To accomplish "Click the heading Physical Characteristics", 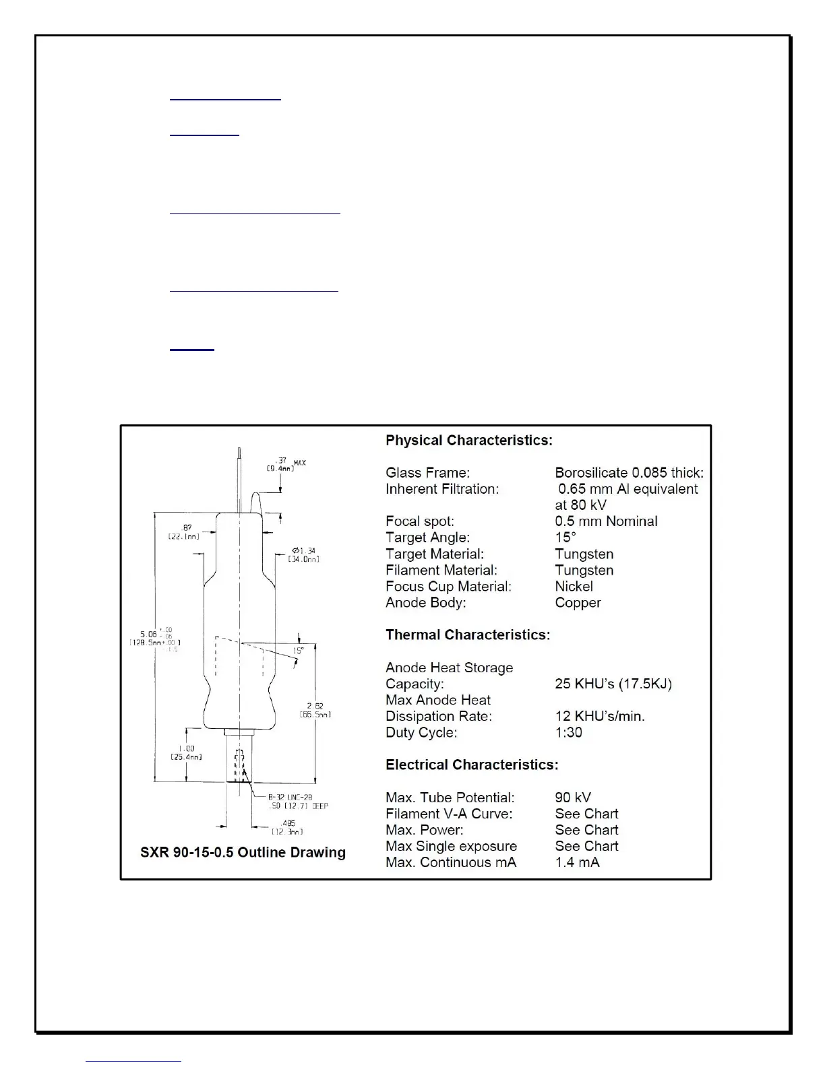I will click(468, 441).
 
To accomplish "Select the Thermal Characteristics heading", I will click(467, 635).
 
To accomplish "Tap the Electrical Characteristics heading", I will click(471, 765).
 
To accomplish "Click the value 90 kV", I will click(572, 798).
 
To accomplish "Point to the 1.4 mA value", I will click(576, 862).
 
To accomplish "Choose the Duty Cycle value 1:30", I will click(568, 732).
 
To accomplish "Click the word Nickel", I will click(574, 586).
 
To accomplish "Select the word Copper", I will click(578, 602).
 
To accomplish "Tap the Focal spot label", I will click(419, 521).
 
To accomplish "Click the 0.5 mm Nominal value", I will click(606, 521).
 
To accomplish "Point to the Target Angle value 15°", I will click(565, 538).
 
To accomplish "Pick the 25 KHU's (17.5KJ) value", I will click(613, 684).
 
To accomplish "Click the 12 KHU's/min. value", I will click(599, 716).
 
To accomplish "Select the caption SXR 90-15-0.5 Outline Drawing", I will click(243, 852).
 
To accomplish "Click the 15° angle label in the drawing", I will click(298, 651).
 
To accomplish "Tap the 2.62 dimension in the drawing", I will click(315, 707).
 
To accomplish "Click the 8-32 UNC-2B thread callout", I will click(290, 798).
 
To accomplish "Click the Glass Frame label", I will click(427, 473).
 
